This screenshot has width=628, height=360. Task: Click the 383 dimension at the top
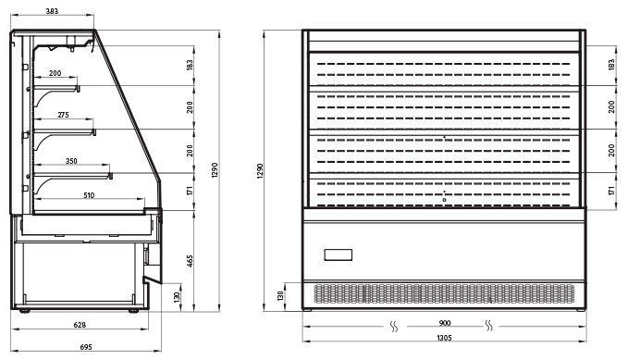(x=52, y=11)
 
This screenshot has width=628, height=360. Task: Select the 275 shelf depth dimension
(x=63, y=115)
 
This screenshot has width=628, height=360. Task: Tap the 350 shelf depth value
(x=71, y=161)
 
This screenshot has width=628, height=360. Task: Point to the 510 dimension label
(x=89, y=195)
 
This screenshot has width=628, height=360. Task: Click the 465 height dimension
(x=190, y=261)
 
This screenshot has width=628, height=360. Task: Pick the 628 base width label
(x=80, y=325)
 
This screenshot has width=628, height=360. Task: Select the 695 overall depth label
(x=86, y=347)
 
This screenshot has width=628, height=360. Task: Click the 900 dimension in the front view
(x=445, y=323)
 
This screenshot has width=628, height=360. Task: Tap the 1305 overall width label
(x=444, y=338)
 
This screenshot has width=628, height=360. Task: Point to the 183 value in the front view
(x=611, y=65)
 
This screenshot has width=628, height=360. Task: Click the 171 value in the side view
(x=190, y=191)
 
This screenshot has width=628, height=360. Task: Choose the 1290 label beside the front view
(x=260, y=171)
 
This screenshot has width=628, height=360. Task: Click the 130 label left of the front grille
(x=280, y=296)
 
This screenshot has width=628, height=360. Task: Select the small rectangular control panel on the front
(x=338, y=255)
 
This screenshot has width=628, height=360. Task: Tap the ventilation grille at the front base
(x=444, y=294)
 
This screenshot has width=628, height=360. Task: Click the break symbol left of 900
(x=394, y=327)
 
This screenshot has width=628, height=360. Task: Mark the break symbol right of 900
(x=489, y=326)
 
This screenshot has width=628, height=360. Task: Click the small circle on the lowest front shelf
(x=444, y=200)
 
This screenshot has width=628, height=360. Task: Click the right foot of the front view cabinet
(x=581, y=309)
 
